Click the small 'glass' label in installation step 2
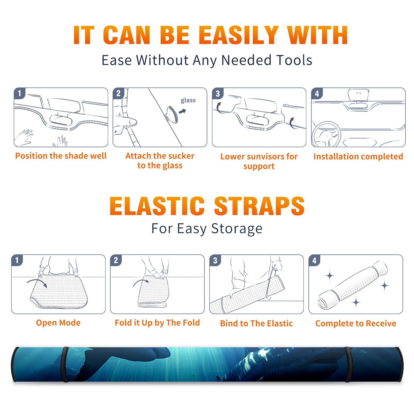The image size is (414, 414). pyautogui.click(x=188, y=100)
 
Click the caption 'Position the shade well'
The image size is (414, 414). pyautogui.click(x=61, y=156)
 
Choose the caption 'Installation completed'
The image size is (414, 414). pyautogui.click(x=358, y=157)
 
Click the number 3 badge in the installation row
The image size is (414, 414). pyautogui.click(x=218, y=93)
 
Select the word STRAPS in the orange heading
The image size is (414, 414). pyautogui.click(x=259, y=206)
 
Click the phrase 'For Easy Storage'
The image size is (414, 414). pyautogui.click(x=207, y=229)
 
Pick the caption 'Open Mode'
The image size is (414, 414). pyautogui.click(x=58, y=323)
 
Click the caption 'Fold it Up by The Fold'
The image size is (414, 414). pyautogui.click(x=157, y=323)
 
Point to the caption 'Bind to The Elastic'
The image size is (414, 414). pyautogui.click(x=256, y=323)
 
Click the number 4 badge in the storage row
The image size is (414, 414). pyautogui.click(x=314, y=260)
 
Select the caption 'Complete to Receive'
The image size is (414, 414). pyautogui.click(x=356, y=323)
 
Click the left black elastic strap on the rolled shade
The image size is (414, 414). pyautogui.click(x=64, y=365)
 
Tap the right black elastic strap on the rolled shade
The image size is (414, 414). pyautogui.click(x=348, y=365)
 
